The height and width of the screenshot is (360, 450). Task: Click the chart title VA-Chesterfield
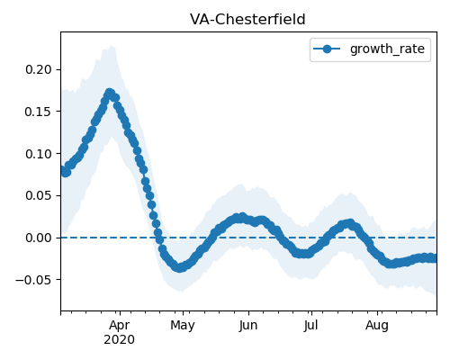pyautogui.click(x=247, y=20)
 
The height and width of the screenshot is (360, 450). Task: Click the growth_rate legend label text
pyautogui.click(x=387, y=49)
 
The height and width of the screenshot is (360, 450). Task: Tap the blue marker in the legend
pyautogui.click(x=327, y=49)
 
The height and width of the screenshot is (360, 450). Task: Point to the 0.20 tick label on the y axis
pyautogui.click(x=39, y=69)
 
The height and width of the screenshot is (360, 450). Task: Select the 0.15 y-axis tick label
pyautogui.click(x=39, y=112)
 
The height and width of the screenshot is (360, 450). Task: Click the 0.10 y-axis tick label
pyautogui.click(x=39, y=154)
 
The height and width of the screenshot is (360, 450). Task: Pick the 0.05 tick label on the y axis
pyautogui.click(x=39, y=195)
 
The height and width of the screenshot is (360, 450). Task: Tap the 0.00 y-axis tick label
pyautogui.click(x=39, y=238)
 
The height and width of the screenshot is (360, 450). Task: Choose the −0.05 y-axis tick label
pyautogui.click(x=33, y=280)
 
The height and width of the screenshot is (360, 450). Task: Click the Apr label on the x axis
pyautogui.click(x=120, y=326)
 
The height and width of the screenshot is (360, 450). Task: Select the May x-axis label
pyautogui.click(x=183, y=326)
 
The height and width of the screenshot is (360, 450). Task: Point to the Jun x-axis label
pyautogui.click(x=248, y=326)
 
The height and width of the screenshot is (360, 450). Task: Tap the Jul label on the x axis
pyautogui.click(x=310, y=326)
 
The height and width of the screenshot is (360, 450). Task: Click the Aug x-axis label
pyautogui.click(x=377, y=326)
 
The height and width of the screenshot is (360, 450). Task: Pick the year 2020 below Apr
pyautogui.click(x=120, y=340)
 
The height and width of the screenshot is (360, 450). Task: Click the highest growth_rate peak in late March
pyautogui.click(x=109, y=93)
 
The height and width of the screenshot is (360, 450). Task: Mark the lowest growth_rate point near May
pyautogui.click(x=179, y=267)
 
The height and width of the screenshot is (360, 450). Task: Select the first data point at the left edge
pyautogui.click(x=63, y=170)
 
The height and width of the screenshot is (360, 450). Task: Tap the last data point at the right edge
pyautogui.click(x=435, y=258)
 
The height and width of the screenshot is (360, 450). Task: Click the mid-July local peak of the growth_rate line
pyautogui.click(x=350, y=223)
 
